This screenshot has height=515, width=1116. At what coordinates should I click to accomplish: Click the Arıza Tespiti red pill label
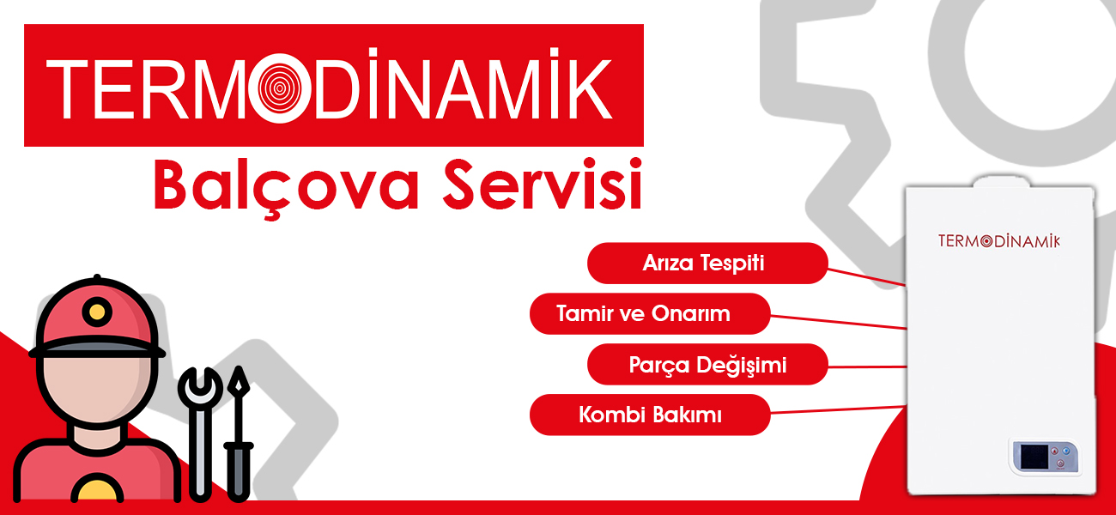707,263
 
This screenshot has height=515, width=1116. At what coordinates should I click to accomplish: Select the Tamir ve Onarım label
650,314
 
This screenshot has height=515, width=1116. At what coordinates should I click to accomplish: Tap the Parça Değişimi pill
707,364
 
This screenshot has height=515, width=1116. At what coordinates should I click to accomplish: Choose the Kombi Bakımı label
650,415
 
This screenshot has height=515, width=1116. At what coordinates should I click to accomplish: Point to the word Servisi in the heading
543,185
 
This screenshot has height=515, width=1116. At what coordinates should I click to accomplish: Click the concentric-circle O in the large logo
280,88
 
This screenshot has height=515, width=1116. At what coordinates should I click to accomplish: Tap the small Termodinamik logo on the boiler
999,240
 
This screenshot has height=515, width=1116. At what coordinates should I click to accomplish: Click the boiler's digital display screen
1034,457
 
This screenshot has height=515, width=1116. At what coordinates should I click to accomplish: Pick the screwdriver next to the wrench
238,433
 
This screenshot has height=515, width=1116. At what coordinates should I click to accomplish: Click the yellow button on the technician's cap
97,312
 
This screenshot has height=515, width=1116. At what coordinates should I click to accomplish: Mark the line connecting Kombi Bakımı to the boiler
838,410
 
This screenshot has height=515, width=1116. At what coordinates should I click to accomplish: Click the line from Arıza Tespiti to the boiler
867,277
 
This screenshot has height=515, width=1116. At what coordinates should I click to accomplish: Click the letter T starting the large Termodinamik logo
67,88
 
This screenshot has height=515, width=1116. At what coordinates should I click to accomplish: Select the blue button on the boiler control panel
1066,451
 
